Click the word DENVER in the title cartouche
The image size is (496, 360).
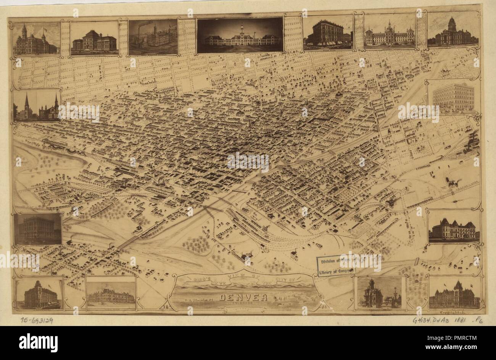pos(243,298)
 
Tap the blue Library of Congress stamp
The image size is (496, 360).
pos(336,266)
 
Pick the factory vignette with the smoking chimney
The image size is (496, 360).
pos(153,37)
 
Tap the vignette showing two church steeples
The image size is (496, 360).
pos(37,106)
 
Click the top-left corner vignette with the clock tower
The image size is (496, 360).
pos(36,39)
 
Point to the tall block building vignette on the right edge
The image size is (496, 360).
pos(453,97)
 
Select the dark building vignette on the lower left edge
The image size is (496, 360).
pos(38,229)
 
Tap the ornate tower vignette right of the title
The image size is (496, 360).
pos(379,292)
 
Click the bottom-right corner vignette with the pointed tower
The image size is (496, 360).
pos(454,293)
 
